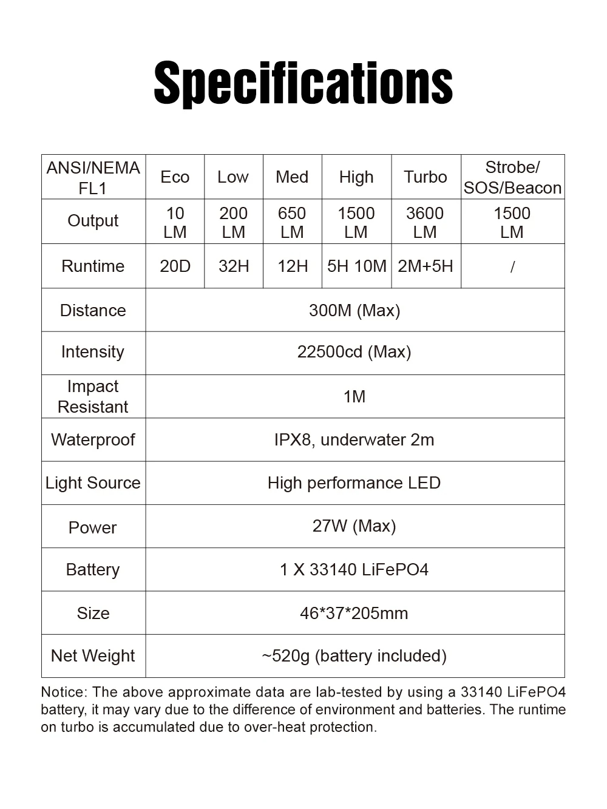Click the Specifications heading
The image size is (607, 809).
point(303,84)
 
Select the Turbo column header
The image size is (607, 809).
point(426,177)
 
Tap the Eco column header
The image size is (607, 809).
point(175,177)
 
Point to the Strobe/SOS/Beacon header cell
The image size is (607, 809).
point(512,177)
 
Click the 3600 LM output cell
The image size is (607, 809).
point(425,222)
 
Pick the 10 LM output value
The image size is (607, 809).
point(175,222)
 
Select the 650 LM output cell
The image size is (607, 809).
point(292,222)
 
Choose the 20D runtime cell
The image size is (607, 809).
point(175,266)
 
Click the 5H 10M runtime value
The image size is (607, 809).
point(356,266)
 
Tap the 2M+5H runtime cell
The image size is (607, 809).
point(426,266)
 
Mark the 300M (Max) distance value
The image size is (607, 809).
point(354,311)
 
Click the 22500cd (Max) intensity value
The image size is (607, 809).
point(354,352)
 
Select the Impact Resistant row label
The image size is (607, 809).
point(93,396)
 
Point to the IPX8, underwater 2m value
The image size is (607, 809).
point(354,440)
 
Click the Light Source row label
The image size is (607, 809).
point(93,483)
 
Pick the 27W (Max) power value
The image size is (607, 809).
point(354,526)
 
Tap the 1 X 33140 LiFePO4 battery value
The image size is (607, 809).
point(354,570)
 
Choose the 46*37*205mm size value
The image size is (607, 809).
point(354,614)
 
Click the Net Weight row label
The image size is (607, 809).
point(93,656)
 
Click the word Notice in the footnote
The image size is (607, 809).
point(63,692)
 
